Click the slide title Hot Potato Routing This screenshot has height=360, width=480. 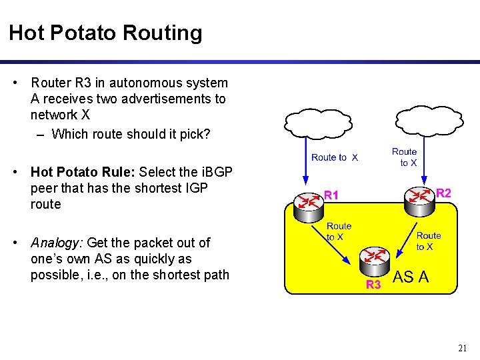105,33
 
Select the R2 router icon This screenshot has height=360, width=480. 420,199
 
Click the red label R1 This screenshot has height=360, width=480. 331,195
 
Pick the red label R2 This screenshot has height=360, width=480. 443,193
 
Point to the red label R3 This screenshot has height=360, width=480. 373,285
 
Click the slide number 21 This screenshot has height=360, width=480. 462,348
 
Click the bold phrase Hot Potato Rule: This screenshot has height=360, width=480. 83,173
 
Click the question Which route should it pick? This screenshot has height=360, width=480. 131,134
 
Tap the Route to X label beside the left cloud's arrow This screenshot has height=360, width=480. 335,157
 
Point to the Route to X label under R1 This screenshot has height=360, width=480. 339,231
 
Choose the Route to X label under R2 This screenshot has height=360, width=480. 429,241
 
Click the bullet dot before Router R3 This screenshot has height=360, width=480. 15,83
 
